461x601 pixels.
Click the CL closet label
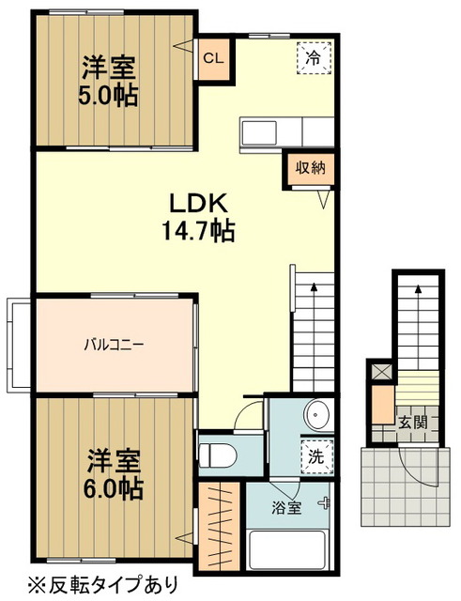tap(213, 58)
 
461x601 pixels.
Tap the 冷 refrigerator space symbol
tap(314, 58)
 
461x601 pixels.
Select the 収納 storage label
tap(310, 167)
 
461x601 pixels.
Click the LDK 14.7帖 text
tap(198, 217)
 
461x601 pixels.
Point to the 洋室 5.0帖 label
tap(109, 81)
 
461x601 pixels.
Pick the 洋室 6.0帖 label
tap(113, 473)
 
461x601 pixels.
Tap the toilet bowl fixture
tap(218, 455)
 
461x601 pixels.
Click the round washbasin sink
tap(316, 415)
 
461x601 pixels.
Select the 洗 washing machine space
tap(316, 457)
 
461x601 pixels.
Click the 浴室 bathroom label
tap(285, 508)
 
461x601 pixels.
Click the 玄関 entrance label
tap(412, 423)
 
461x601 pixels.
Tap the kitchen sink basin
tap(259, 132)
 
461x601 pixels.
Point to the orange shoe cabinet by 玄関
tap(384, 404)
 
